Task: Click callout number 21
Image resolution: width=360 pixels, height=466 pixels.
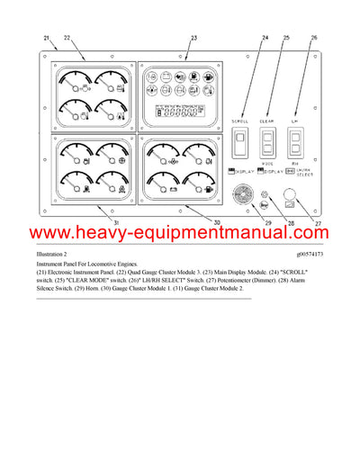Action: tap(46, 37)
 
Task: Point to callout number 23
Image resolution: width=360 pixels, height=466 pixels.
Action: tap(194, 37)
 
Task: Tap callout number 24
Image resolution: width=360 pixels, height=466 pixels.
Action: tap(265, 37)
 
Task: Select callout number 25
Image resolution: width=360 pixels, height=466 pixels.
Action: tap(286, 37)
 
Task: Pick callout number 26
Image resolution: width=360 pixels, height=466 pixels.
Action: tap(313, 37)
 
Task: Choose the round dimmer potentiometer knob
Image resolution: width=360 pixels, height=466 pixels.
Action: tap(290, 194)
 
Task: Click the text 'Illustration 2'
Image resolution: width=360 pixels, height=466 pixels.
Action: tap(57, 255)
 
